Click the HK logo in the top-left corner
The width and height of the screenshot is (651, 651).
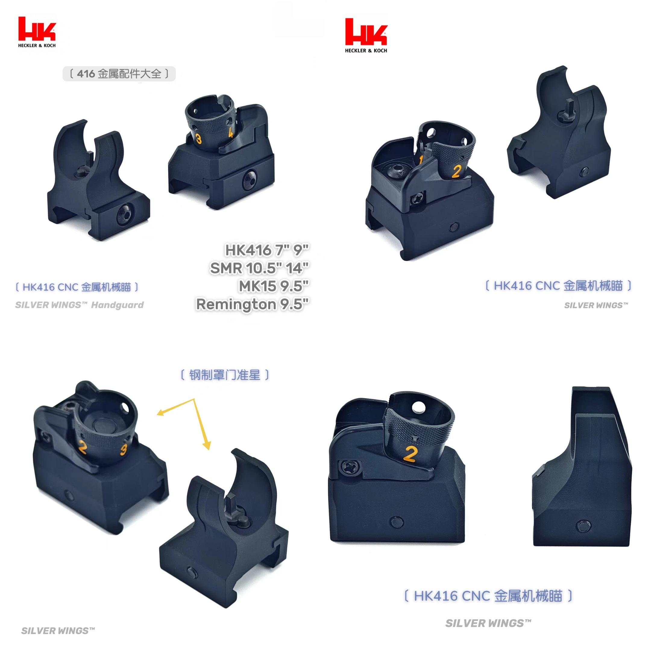37,32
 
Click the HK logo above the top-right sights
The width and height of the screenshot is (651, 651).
366,35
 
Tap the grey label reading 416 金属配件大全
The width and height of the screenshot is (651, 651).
119,74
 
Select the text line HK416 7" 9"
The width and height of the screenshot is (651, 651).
266,250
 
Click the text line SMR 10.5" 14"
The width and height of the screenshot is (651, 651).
259,268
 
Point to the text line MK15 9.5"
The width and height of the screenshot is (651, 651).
273,286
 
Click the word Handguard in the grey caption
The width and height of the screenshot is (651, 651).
117,305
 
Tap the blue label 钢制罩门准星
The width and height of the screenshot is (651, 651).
225,375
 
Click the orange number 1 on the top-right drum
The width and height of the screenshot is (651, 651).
421,159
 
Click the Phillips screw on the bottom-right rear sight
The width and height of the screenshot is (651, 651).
347,467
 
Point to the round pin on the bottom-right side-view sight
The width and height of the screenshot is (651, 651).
583,526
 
